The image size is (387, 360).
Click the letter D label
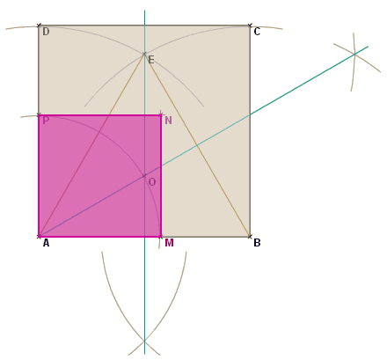(x=46, y=32)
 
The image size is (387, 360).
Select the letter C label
(x=257, y=32)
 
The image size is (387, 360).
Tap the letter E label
(x=151, y=60)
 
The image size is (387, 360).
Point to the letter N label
(x=168, y=121)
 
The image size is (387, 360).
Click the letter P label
(x=46, y=121)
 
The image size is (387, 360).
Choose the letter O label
(x=152, y=182)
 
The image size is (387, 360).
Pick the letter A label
(x=46, y=243)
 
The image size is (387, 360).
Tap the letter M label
(x=169, y=243)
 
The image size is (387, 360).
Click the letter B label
(x=257, y=243)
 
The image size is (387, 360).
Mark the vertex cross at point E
(x=144, y=54)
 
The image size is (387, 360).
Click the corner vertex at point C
(x=250, y=26)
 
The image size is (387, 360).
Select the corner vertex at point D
(x=39, y=26)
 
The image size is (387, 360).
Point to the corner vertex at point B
(x=250, y=236)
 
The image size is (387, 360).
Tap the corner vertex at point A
(x=39, y=236)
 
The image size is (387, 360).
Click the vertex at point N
(x=161, y=114)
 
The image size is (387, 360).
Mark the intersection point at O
(x=144, y=176)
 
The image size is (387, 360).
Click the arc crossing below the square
(x=144, y=341)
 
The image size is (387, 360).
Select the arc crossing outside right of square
(x=354, y=55)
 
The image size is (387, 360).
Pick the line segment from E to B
(x=197, y=145)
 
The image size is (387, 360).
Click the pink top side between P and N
(x=99, y=115)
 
